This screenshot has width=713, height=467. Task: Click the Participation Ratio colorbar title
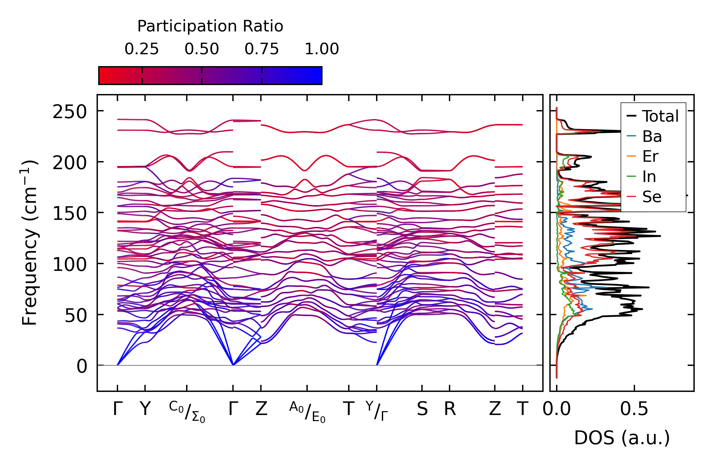(x=210, y=26)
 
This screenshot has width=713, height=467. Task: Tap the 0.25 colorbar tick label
(x=142, y=49)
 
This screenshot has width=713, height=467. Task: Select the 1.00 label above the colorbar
(x=322, y=49)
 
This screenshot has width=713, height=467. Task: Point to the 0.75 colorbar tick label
(x=262, y=49)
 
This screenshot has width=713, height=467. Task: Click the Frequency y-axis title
(x=30, y=243)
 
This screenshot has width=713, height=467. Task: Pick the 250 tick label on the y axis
(x=70, y=112)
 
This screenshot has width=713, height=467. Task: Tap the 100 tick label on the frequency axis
(x=70, y=265)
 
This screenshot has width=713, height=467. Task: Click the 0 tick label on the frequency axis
(x=82, y=367)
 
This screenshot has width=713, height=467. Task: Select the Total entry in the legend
(x=660, y=116)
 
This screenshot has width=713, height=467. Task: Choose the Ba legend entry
(x=652, y=137)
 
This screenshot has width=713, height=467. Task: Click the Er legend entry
(x=650, y=157)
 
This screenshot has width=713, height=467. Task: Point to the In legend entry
(x=649, y=177)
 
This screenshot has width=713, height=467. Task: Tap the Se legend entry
(x=652, y=197)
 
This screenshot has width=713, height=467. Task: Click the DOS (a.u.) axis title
(x=622, y=438)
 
